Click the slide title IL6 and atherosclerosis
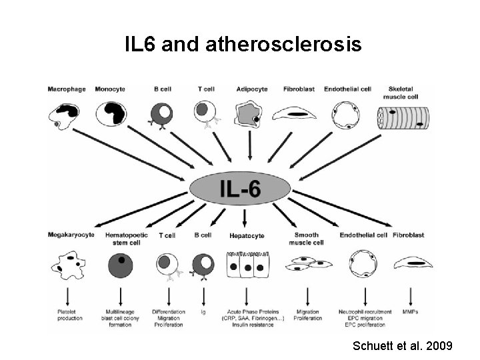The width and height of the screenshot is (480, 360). pyautogui.click(x=243, y=45)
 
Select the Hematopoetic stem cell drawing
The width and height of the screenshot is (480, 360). pyautogui.click(x=120, y=265)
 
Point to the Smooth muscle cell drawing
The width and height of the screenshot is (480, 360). pyautogui.click(x=306, y=266)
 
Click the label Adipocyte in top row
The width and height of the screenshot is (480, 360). pyautogui.click(x=249, y=89)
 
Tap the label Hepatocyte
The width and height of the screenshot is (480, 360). pyautogui.click(x=247, y=236)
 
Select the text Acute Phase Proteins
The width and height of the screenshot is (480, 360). pyautogui.click(x=247, y=311)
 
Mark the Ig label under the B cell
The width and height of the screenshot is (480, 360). pyautogui.click(x=203, y=311)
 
